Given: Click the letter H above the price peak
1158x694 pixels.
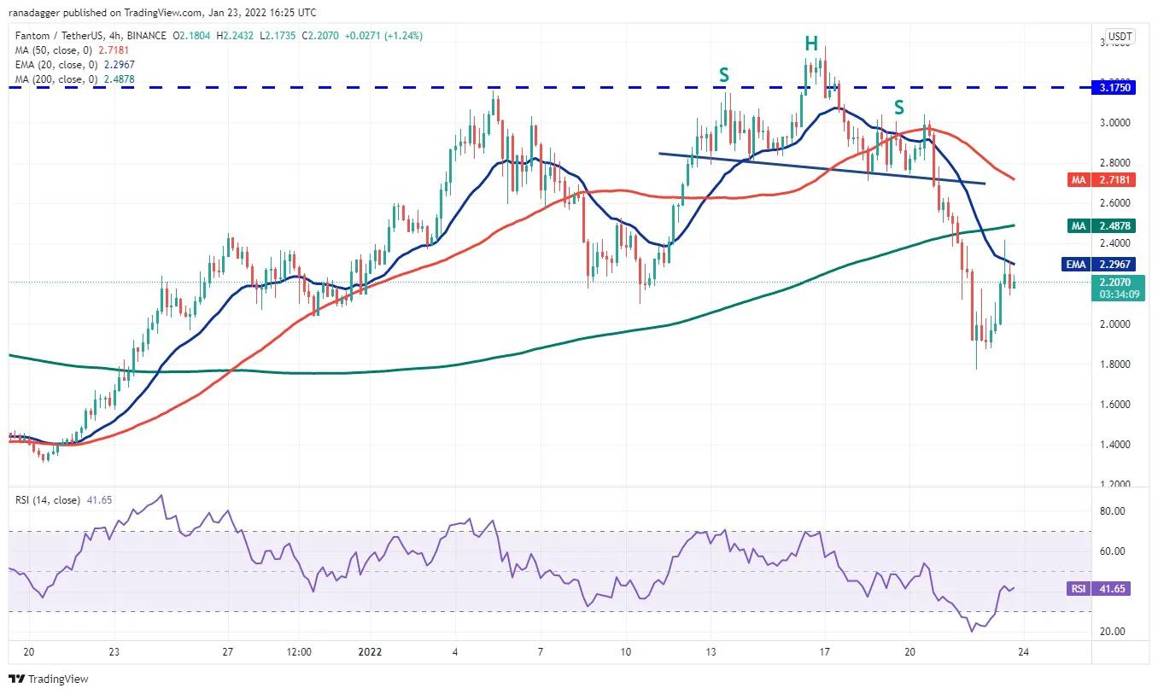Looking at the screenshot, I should [810, 44].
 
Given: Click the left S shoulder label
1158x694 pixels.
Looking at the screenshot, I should [724, 76].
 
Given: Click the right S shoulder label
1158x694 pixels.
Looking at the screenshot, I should [898, 108].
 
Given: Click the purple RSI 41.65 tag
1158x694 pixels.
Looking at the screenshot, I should [1099, 589].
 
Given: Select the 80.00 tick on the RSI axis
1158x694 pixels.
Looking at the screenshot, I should [1110, 511].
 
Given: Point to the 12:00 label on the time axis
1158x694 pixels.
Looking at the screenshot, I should [299, 651].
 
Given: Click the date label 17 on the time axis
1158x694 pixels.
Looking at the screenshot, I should [824, 651].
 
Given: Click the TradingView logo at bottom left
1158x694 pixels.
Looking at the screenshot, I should [49, 679].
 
